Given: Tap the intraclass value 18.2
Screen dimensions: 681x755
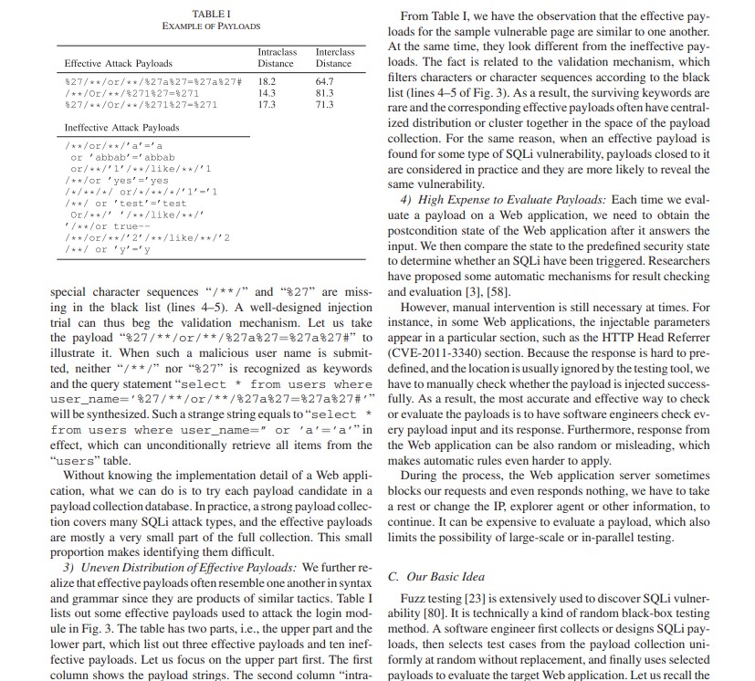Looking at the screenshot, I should pyautogui.click(x=267, y=81).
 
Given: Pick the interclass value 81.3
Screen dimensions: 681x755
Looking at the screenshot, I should pyautogui.click(x=323, y=92).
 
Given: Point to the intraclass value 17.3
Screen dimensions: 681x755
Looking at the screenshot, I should pyautogui.click(x=267, y=104).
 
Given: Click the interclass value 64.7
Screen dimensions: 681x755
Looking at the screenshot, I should pyautogui.click(x=323, y=81).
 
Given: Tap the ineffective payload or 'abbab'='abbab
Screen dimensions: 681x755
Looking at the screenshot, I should pyautogui.click(x=123, y=157).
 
